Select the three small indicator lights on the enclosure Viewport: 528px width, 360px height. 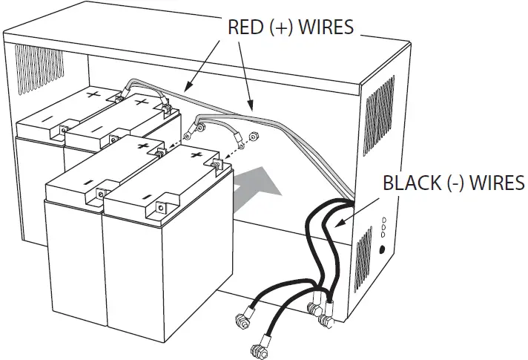(383, 226)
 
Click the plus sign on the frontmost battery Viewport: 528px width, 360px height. (197, 155)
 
